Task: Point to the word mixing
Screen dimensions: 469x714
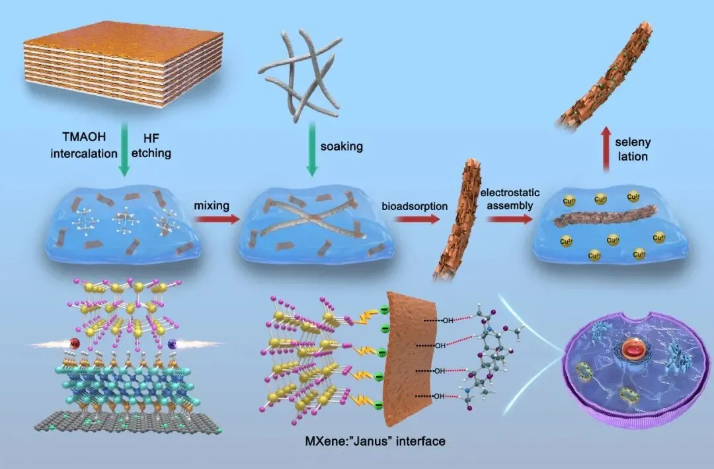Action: (x=211, y=205)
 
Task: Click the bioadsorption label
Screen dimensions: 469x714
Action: (x=414, y=206)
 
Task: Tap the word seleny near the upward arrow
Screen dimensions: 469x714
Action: (x=633, y=143)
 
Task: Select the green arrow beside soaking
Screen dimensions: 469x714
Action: (x=312, y=153)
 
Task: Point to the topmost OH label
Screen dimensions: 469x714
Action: (x=448, y=322)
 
